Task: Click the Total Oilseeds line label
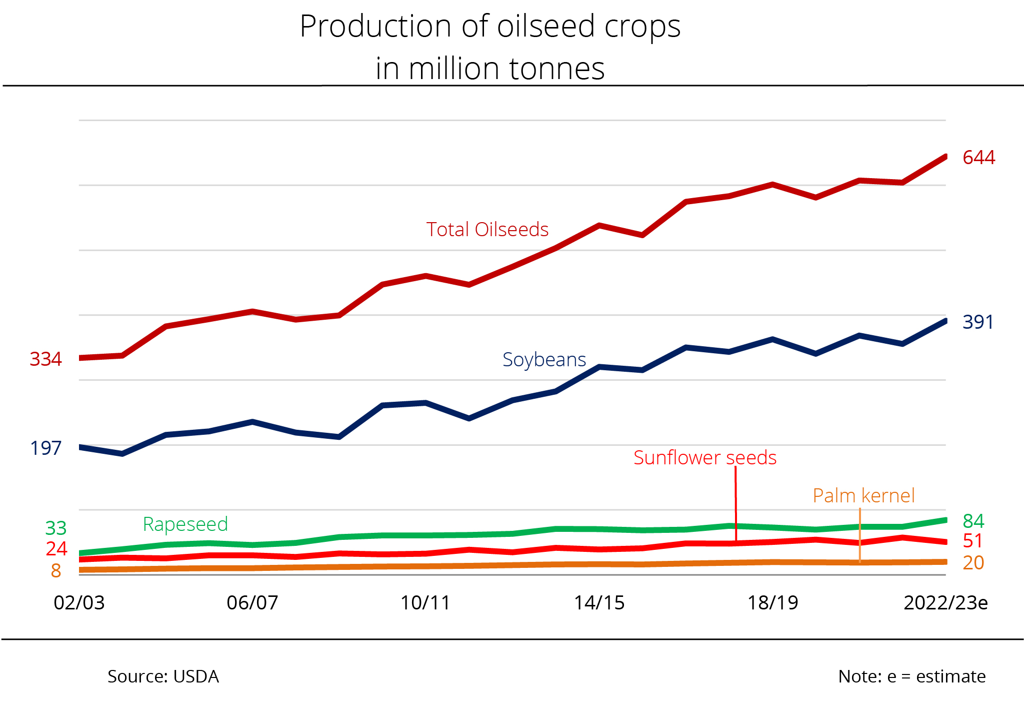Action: [487, 230]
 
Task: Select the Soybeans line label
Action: [544, 360]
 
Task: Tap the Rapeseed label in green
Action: [185, 524]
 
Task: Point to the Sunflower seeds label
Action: [704, 458]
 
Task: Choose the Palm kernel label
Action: [863, 496]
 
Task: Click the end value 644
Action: [978, 158]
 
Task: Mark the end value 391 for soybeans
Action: [977, 322]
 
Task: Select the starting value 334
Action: [45, 359]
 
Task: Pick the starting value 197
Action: [45, 448]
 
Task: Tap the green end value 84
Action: [973, 521]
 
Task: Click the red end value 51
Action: [972, 541]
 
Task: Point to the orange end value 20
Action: [973, 563]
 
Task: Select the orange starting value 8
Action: [56, 571]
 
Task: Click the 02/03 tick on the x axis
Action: [79, 603]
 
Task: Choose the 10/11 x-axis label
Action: [425, 603]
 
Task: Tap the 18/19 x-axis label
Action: [772, 603]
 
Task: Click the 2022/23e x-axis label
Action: [945, 603]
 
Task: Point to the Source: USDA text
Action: [163, 676]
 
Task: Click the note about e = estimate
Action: [911, 676]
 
